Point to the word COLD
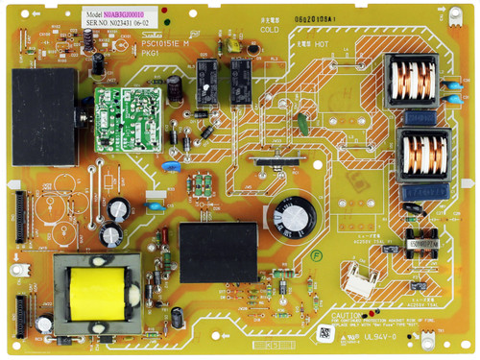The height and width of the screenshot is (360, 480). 272,32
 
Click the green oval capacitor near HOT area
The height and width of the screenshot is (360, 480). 302,123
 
